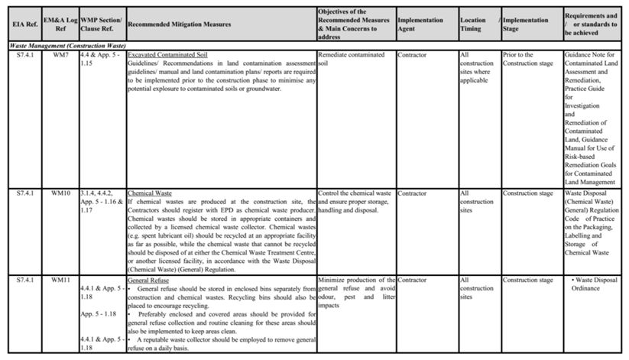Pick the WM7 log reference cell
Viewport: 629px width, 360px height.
(60, 55)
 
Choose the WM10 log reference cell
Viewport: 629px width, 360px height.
(60, 193)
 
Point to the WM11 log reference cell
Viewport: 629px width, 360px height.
(60, 281)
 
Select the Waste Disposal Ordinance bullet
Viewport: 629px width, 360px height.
(594, 284)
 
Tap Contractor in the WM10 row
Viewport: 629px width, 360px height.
(413, 193)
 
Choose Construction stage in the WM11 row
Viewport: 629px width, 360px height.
(528, 281)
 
